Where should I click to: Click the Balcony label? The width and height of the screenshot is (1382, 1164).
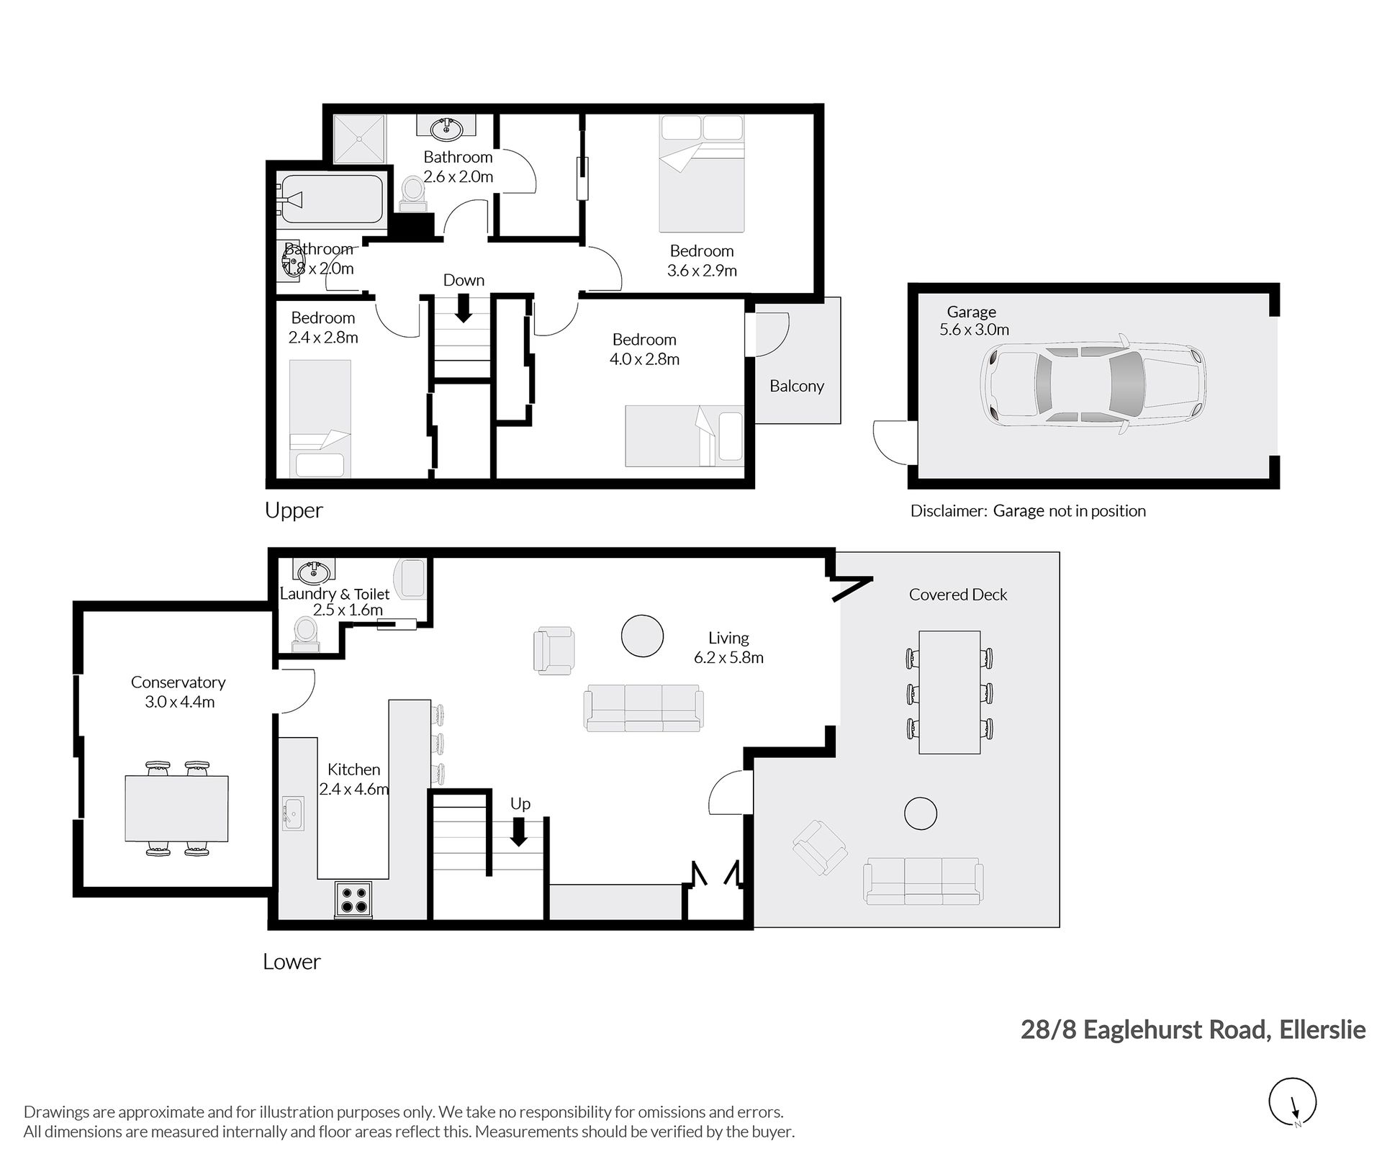797,386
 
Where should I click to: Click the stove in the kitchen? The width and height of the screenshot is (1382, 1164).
353,899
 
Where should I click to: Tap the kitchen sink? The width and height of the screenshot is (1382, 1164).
294,813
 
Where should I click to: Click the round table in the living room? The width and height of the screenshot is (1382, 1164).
642,636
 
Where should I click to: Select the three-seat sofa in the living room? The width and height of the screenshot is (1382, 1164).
644,708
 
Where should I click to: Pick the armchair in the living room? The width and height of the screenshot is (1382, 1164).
554,651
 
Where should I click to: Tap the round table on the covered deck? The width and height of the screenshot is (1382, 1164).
920,814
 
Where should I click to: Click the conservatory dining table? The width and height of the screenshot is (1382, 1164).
177,808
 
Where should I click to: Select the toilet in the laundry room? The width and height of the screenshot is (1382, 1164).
306,636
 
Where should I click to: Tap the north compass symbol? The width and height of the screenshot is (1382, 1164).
1293,1101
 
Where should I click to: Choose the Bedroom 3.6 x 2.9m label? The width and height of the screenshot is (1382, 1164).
702,261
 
